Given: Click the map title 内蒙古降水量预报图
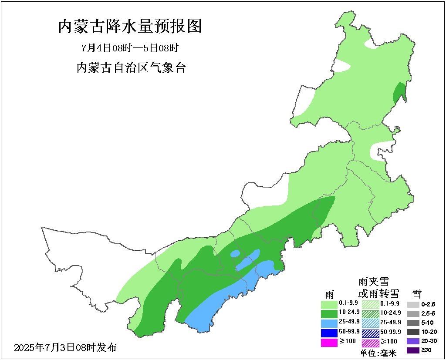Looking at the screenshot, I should pos(130,27).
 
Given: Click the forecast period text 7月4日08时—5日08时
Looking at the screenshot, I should pos(130,47).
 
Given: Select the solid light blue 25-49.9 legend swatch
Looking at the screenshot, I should pos(329,323).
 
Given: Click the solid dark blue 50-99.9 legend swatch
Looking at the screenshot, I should pos(329,333).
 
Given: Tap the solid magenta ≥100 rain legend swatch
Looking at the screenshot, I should pos(329,342).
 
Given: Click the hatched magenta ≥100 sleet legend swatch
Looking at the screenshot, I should pos(371,343).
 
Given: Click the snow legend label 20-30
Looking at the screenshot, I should pos(428,341).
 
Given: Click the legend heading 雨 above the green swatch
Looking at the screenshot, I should pos(329,293).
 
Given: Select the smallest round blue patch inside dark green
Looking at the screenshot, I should pos(235,253).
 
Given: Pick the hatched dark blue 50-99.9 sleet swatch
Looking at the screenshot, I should pos(371,333).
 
